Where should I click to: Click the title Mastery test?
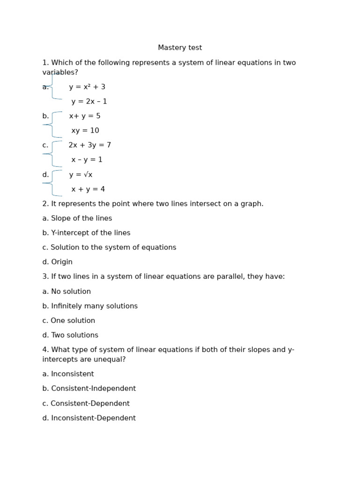[180, 48]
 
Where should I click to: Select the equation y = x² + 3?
[87, 87]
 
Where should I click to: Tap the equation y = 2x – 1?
[89, 102]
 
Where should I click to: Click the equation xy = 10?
[85, 131]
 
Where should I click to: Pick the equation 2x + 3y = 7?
[90, 145]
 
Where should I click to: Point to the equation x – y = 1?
[87, 160]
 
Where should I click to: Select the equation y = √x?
[81, 175]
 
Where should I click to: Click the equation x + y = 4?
[88, 189]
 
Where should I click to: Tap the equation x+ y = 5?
[85, 116]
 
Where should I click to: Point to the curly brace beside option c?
[53, 154]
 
